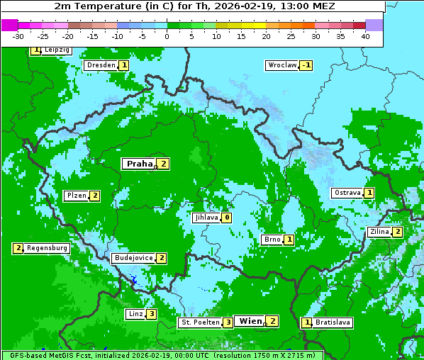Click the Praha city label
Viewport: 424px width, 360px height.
(x=139, y=164)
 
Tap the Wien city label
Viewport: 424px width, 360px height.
(x=250, y=321)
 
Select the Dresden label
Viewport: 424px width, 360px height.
(x=101, y=65)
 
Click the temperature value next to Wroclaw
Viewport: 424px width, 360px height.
(x=306, y=65)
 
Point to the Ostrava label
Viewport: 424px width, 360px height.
(x=347, y=193)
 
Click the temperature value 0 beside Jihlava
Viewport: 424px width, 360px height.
(x=226, y=218)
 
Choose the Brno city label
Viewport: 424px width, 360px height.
(x=272, y=240)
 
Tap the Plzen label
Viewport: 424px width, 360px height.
(x=77, y=196)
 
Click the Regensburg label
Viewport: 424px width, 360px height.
(x=47, y=248)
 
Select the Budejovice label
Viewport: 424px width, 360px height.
(x=133, y=258)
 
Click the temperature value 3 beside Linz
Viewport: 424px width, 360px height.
(x=151, y=314)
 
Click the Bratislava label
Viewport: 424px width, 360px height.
(x=333, y=322)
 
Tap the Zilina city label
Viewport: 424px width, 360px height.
(x=379, y=232)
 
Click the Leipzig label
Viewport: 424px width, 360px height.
(x=56, y=50)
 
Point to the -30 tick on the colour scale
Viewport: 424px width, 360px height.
(x=18, y=35)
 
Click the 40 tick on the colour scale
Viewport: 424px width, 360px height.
(x=365, y=35)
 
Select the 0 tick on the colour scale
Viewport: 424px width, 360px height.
(x=167, y=35)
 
